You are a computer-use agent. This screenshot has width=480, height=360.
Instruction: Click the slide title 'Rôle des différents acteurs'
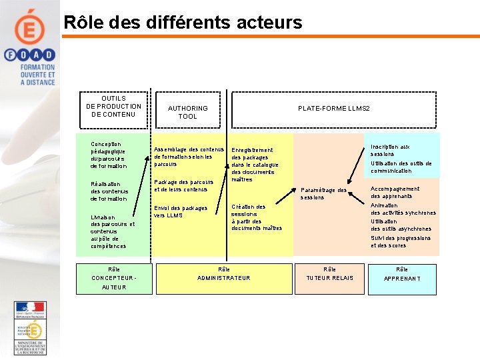(183, 23)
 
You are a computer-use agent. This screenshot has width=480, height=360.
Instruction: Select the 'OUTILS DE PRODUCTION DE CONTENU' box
(114, 107)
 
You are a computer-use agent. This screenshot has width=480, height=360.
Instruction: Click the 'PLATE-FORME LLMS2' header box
(333, 108)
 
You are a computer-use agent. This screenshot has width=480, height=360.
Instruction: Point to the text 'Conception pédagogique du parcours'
(108, 155)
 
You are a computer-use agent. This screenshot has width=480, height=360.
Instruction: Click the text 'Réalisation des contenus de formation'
(109, 191)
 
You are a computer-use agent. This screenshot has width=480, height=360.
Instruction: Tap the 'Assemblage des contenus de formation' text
(189, 157)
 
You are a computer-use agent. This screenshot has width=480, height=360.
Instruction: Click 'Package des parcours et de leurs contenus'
(184, 185)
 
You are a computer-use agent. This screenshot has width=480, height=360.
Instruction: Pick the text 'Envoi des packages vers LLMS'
(181, 211)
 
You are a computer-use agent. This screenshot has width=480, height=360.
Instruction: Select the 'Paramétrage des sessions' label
(323, 193)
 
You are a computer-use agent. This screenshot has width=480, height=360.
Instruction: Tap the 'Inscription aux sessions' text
(391, 150)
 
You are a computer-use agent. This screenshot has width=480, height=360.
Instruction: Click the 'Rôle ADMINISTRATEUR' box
(224, 274)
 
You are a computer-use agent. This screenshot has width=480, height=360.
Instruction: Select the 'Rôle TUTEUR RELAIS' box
(330, 274)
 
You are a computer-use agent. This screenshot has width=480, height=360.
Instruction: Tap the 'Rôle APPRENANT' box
(402, 274)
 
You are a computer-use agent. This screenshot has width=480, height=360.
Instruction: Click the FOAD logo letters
(29, 56)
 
